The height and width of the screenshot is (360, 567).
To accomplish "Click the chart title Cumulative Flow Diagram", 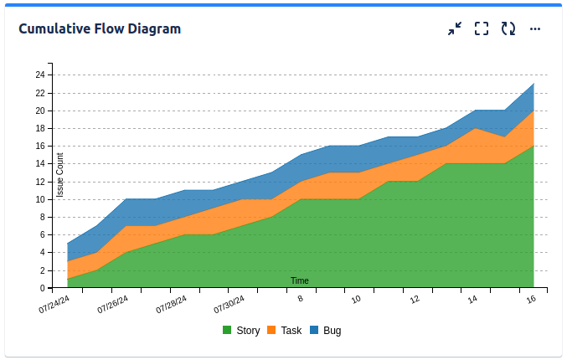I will [100, 29].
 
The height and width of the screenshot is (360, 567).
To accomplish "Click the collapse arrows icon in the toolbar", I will [455, 29].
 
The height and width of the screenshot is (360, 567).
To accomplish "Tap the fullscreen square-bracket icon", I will [482, 29].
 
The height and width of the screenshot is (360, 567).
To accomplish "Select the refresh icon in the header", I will [508, 29].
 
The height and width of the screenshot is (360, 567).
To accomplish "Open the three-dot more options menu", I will [535, 29].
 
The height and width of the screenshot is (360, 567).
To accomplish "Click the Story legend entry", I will [241, 331].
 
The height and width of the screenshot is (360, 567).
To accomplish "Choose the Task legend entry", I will [284, 331].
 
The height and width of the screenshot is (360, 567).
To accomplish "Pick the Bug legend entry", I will [326, 331].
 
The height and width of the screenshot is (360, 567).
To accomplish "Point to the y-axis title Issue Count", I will [60, 175].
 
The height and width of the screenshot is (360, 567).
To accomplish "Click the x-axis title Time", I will [300, 280].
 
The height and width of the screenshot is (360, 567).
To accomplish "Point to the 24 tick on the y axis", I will [39, 75].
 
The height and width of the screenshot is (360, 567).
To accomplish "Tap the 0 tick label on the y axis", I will [42, 289].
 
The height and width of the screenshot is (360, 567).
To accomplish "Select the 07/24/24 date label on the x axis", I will [54, 304].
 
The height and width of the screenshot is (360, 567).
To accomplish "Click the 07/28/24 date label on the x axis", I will [172, 304].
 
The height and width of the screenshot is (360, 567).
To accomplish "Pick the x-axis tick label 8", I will [300, 298].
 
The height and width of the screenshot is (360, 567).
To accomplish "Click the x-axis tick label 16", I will [531, 299].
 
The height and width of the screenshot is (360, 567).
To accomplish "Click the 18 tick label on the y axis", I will [39, 128].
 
